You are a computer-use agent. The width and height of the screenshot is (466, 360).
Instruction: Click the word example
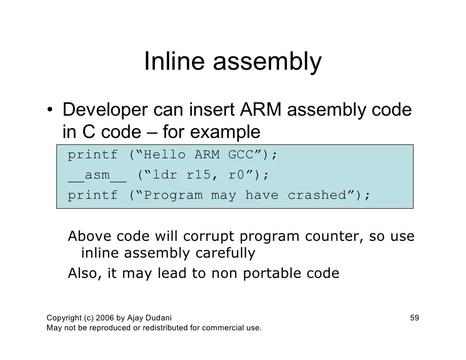226,133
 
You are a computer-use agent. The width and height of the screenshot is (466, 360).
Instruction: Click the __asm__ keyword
97,175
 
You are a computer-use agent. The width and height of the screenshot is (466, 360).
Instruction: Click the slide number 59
415,317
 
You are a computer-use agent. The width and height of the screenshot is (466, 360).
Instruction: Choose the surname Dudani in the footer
158,317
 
